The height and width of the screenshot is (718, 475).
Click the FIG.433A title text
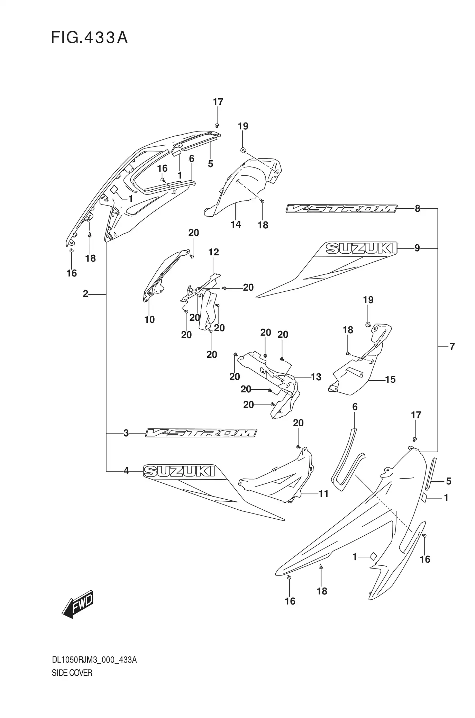[x=89, y=38]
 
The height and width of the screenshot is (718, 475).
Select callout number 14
[x=236, y=224]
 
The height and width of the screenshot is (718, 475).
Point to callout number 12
[x=214, y=252]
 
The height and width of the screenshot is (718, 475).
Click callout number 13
[x=316, y=377]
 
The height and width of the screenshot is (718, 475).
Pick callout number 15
[x=390, y=379]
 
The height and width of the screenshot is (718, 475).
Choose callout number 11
[x=323, y=493]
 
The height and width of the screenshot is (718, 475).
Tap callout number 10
[x=149, y=319]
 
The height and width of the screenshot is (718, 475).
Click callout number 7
[x=452, y=346]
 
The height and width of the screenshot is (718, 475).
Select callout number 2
[x=85, y=294]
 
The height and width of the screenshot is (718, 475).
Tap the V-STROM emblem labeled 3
[x=201, y=433]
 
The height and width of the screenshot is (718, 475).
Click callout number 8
[x=418, y=208]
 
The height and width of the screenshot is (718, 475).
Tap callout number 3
[x=126, y=433]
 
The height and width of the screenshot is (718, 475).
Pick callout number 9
[x=417, y=248]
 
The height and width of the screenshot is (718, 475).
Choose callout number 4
[x=126, y=471]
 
